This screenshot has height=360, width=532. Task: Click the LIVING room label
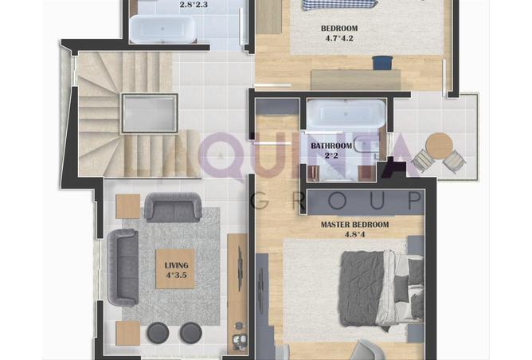click(x=177, y=265)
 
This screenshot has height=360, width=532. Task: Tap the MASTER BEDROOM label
click(x=354, y=225)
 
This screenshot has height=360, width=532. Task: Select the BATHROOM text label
click(x=331, y=146)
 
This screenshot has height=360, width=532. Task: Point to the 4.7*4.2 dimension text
click(x=339, y=38)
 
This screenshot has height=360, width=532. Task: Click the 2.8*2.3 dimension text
click(x=194, y=5)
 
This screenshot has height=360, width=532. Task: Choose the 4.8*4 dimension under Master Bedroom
click(x=355, y=234)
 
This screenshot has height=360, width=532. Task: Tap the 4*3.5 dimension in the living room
click(x=177, y=275)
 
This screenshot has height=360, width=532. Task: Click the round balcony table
click(x=440, y=146)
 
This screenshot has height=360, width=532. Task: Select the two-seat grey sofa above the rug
click(x=173, y=207)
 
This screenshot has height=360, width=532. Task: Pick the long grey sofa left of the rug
click(x=123, y=268)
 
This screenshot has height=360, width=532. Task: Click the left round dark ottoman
click(x=158, y=332)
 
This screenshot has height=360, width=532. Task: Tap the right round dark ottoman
click(x=191, y=332)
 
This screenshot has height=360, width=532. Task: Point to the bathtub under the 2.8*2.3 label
click(x=163, y=29)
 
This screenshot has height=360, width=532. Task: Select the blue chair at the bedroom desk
click(x=383, y=63)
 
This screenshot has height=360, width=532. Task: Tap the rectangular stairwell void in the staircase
click(x=150, y=113)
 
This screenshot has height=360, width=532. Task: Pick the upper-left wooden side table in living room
click(x=128, y=206)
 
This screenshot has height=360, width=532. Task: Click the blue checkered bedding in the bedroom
click(x=339, y=5)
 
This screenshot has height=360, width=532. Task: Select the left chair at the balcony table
click(x=422, y=158)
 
